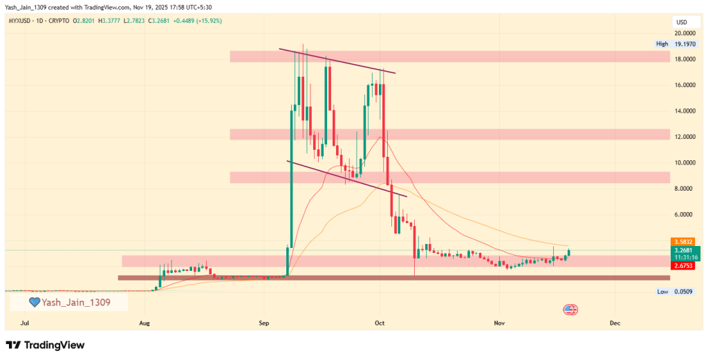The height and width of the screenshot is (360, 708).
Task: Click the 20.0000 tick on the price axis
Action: tap(684, 33)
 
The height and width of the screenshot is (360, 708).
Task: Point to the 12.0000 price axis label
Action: tap(684, 137)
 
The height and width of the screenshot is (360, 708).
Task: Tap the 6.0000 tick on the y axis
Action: tap(684, 214)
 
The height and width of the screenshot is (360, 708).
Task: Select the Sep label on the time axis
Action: tap(263, 323)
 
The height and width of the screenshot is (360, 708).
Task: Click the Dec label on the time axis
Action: tap(613, 323)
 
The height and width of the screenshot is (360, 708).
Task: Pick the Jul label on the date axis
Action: tap(26, 323)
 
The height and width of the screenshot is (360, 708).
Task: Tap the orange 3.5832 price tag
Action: tap(683, 241)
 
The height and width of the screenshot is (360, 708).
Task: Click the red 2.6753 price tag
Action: tap(683, 265)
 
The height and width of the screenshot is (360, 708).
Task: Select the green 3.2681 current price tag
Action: tap(683, 250)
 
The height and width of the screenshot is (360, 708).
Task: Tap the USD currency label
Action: tap(681, 22)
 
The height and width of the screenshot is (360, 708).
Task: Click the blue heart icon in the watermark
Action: tap(33, 302)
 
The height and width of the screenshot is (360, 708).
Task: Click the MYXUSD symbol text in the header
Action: tap(21, 21)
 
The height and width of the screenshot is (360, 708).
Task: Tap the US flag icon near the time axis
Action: tap(570, 309)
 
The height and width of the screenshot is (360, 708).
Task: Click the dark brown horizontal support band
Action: tap(394, 278)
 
